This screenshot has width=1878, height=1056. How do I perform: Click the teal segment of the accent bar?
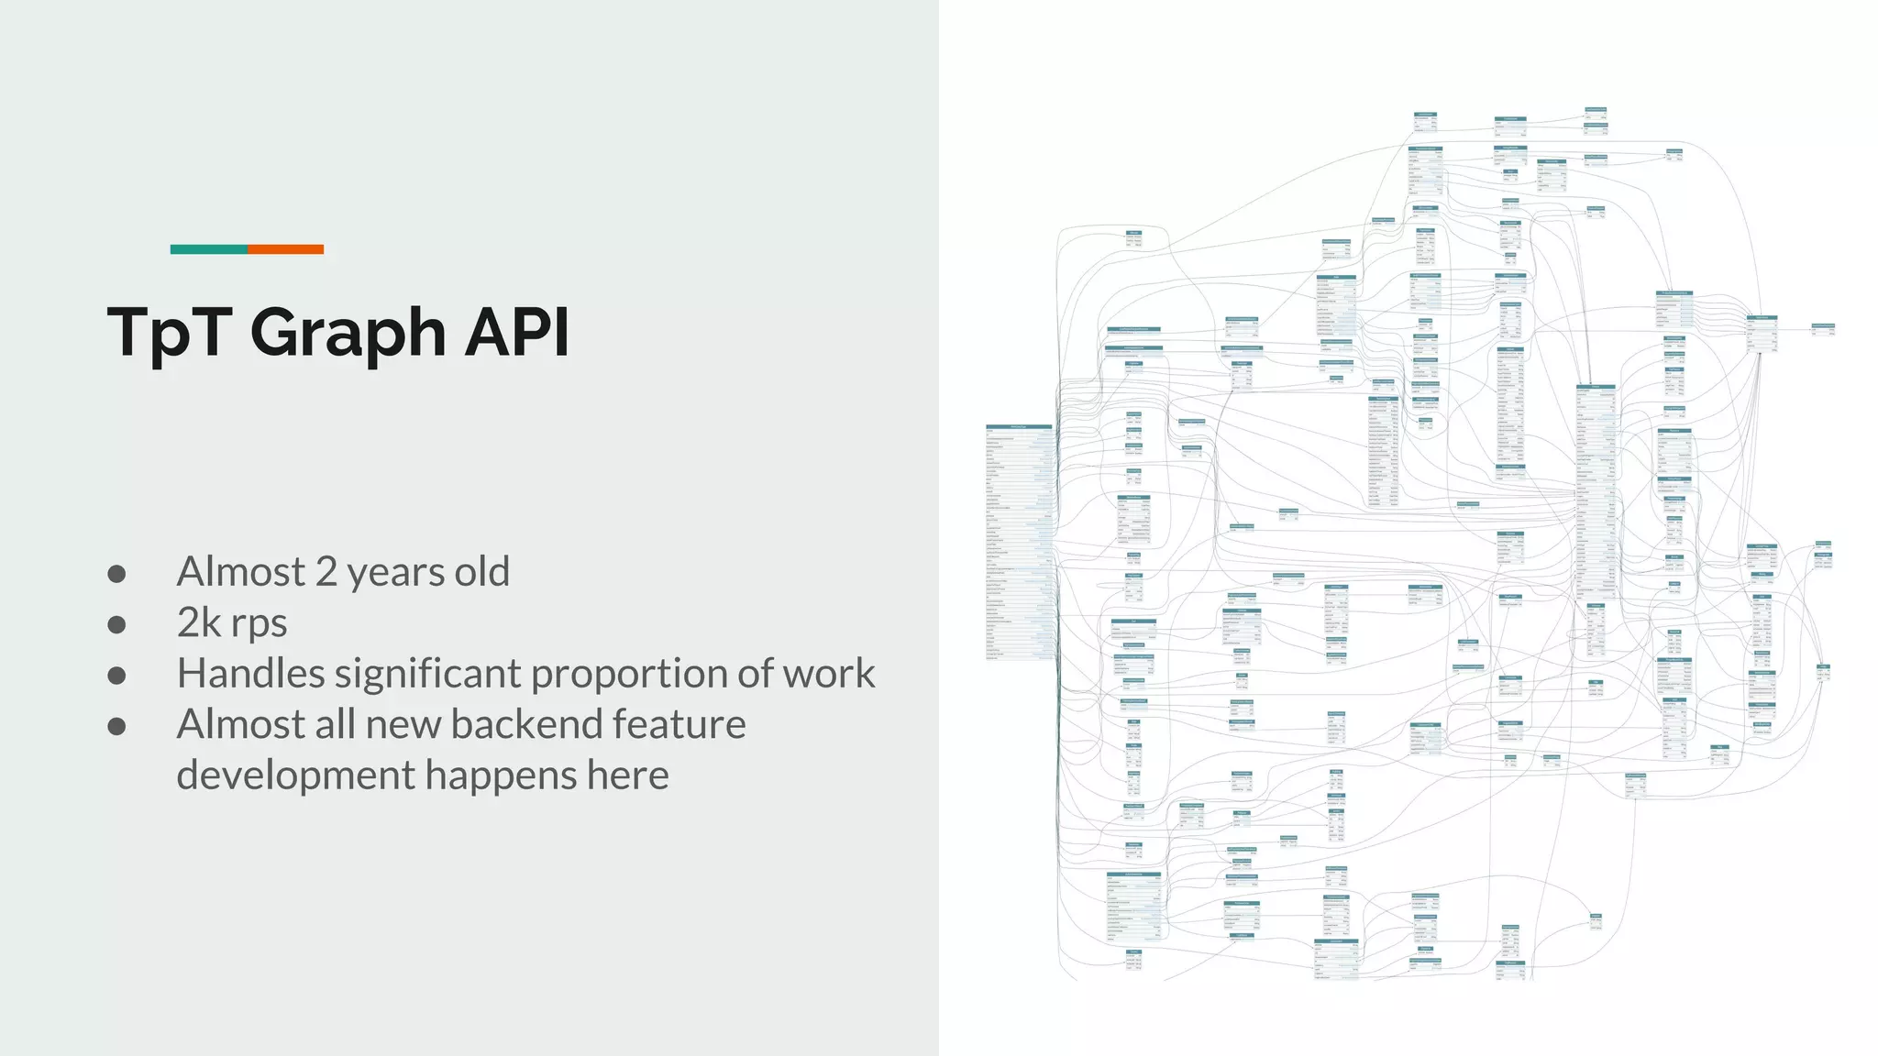tap(208, 249)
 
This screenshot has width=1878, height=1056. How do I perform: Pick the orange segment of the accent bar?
tap(285, 249)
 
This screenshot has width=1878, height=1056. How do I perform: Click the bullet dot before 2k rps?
tap(116, 624)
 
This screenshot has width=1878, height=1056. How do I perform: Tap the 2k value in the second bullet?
tap(200, 622)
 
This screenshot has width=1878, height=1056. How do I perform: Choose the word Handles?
tap(250, 674)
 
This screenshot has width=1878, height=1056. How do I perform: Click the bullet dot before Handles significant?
tap(116, 676)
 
